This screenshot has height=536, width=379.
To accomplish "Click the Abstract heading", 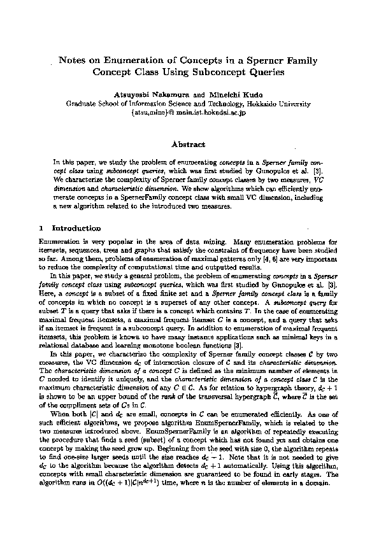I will pos(189,145).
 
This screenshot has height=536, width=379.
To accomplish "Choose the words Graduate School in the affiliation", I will pos(89,102).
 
